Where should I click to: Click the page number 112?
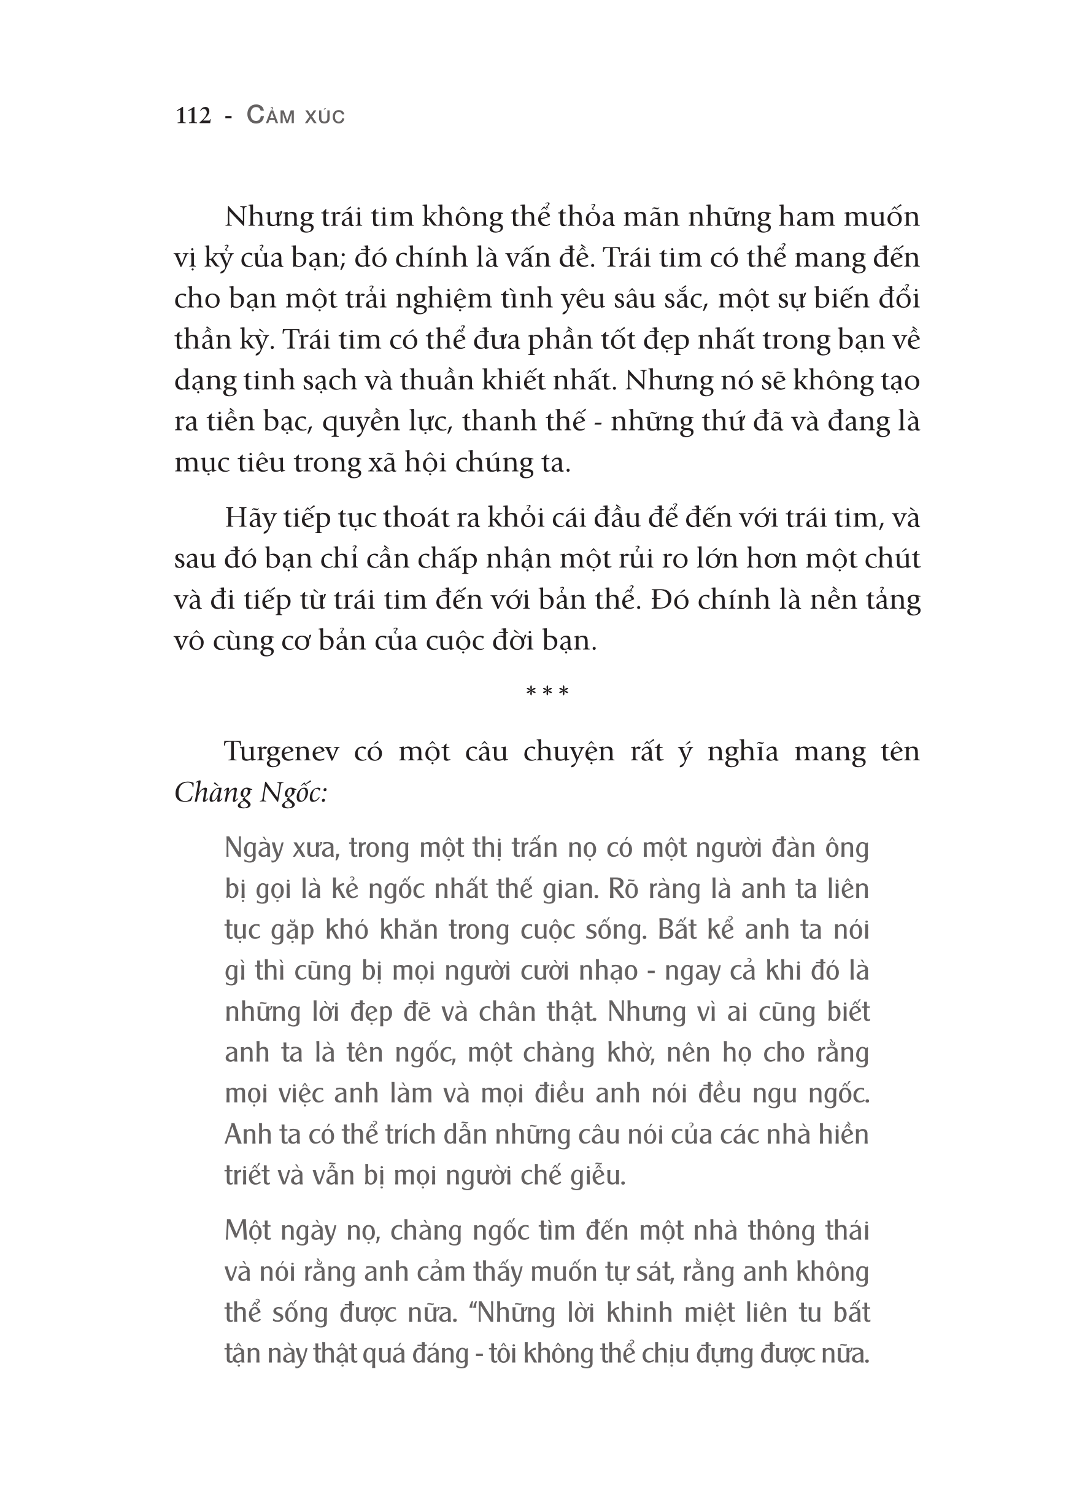click(193, 116)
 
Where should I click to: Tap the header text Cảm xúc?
click(296, 116)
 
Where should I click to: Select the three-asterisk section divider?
click(547, 692)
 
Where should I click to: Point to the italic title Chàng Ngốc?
click(251, 794)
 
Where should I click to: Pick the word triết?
click(247, 1175)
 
